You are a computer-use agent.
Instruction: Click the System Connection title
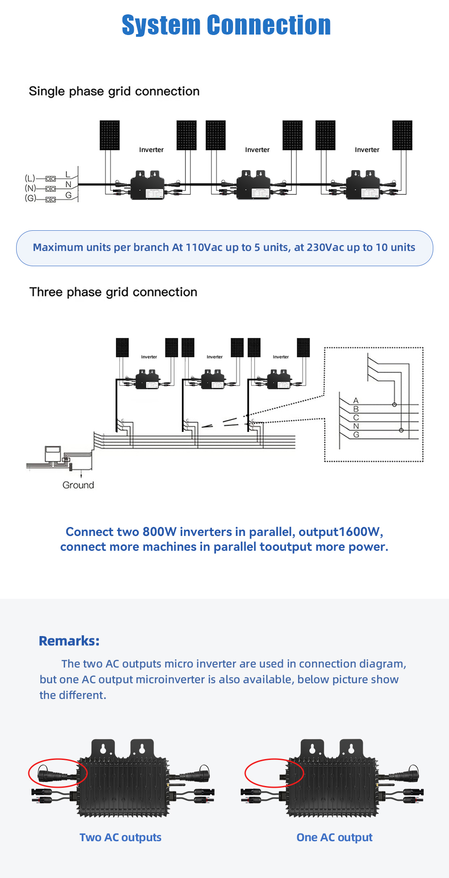[x=226, y=25]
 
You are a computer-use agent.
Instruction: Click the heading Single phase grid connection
[x=114, y=91]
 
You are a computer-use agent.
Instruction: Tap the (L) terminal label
[x=30, y=178]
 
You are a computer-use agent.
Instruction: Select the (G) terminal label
[x=30, y=198]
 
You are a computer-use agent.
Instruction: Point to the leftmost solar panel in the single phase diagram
[x=110, y=135]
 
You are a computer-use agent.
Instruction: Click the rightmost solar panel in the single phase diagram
[x=402, y=135]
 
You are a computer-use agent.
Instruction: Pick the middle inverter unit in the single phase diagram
[x=254, y=185]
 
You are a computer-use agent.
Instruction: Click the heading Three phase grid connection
[x=113, y=292]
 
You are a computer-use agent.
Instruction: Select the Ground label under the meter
[x=78, y=485]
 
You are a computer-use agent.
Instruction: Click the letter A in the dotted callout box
[x=356, y=400]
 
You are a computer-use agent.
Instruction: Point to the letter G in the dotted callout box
[x=356, y=435]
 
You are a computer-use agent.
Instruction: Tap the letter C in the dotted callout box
[x=356, y=417]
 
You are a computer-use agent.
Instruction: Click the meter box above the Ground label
[x=53, y=453]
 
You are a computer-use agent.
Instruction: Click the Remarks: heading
[x=69, y=641]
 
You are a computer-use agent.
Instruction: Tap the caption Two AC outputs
[x=120, y=837]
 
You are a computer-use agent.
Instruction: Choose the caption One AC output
[x=335, y=837]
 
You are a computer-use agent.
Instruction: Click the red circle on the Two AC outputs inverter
[x=58, y=773]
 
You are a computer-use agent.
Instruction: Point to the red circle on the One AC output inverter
[x=274, y=773]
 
